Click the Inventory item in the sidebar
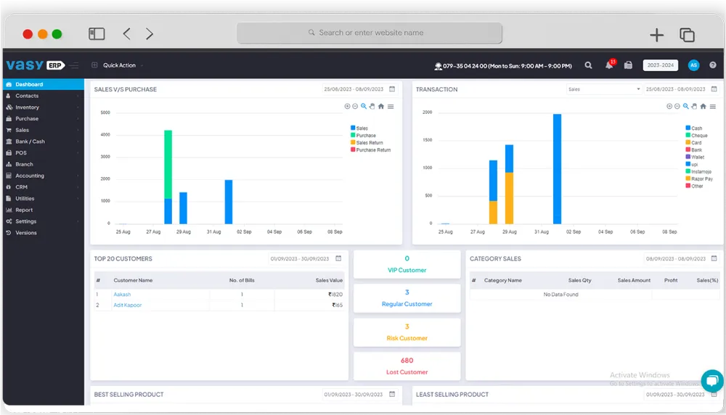[28, 107]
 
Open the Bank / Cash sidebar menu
[30, 141]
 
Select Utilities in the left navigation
[25, 198]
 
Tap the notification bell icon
[608, 65]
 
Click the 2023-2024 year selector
[660, 65]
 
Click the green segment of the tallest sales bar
[168, 164]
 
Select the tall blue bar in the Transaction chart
[557, 168]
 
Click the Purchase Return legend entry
[373, 150]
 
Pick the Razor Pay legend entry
[701, 178]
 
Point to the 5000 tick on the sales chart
[105, 113]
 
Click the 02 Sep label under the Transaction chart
[573, 232]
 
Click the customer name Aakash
[122, 295]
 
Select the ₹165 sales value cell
[337, 305]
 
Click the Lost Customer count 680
[407, 361]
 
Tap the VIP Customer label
[407, 270]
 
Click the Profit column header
[671, 280]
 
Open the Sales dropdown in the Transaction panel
[603, 89]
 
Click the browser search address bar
[370, 33]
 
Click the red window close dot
[28, 34]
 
